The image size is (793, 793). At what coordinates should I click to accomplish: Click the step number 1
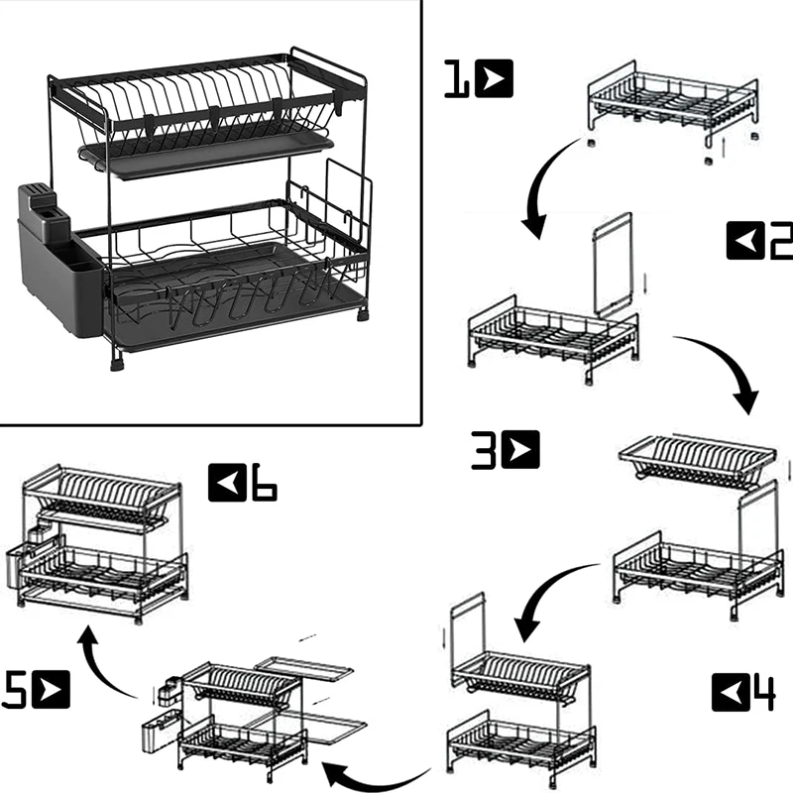(457, 79)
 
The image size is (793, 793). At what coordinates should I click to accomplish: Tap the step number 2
(781, 241)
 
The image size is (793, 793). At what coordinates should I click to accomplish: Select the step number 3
(484, 450)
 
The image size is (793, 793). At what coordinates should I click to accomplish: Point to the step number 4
(761, 693)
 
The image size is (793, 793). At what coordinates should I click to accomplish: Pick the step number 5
(13, 689)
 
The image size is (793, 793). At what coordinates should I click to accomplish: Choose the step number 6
(264, 482)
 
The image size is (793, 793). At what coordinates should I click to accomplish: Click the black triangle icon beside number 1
(494, 78)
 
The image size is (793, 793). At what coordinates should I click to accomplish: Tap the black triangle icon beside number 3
(520, 450)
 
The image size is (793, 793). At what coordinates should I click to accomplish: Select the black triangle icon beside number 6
(227, 483)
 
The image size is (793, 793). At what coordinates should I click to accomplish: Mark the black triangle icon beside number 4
(730, 693)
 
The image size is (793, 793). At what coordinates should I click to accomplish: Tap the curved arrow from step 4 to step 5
(375, 783)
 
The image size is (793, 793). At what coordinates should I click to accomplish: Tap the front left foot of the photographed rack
(118, 363)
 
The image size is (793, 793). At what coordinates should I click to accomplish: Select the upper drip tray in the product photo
(206, 153)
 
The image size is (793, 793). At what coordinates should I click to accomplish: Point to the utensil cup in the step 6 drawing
(17, 569)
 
